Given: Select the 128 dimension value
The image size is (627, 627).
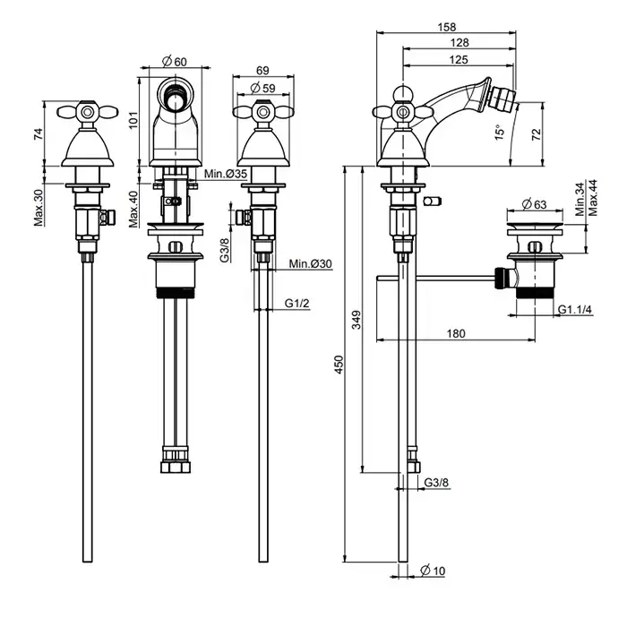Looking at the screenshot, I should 460,43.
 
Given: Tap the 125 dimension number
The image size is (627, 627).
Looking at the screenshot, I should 460,58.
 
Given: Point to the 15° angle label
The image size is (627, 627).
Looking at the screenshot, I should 500,132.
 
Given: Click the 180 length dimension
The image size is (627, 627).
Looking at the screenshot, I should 456,332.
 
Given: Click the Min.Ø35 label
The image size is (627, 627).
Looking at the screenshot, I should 226,174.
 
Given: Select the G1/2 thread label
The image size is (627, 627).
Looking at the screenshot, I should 297,305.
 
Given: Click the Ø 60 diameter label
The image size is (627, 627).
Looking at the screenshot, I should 174,61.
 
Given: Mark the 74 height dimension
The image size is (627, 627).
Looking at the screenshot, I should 39,134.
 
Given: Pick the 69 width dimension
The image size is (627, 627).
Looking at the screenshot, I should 262,70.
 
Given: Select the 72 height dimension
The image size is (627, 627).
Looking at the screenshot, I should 536,134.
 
